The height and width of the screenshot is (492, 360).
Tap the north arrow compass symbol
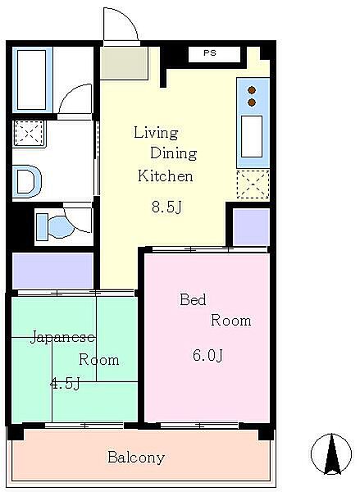click(331, 453)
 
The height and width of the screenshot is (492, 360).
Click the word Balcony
click(136, 458)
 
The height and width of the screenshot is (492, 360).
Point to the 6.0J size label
click(208, 355)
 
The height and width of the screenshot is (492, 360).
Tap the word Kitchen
click(165, 176)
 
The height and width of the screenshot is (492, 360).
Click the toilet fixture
click(52, 225)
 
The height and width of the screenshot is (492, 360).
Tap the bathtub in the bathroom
click(31, 80)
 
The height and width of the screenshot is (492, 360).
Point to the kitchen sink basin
click(251, 136)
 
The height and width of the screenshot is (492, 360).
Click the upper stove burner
click(252, 89)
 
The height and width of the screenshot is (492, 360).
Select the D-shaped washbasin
click(26, 180)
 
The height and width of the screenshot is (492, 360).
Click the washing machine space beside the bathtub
click(29, 133)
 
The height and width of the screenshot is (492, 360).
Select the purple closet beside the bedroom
click(251, 226)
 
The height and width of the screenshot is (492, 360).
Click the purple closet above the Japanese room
click(52, 271)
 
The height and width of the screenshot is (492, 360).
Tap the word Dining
click(174, 154)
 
